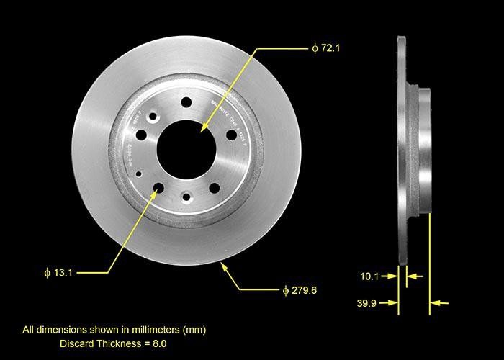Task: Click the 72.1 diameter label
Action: coord(325,48)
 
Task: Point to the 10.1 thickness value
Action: coord(369,275)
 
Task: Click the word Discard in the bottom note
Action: coord(76,343)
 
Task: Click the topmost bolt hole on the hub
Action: coord(186,102)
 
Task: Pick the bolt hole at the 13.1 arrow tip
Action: coord(158,189)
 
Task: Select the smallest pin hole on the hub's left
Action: coord(139,174)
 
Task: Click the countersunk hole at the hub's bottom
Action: coord(186,197)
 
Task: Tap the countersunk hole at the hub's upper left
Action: coord(152,115)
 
